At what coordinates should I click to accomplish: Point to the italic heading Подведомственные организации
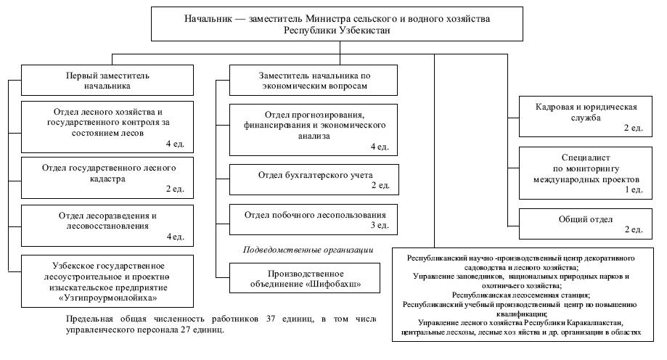[x=307, y=250]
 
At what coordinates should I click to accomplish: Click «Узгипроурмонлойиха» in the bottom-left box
[x=107, y=298]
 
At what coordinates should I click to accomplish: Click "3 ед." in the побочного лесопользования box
[x=380, y=226]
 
